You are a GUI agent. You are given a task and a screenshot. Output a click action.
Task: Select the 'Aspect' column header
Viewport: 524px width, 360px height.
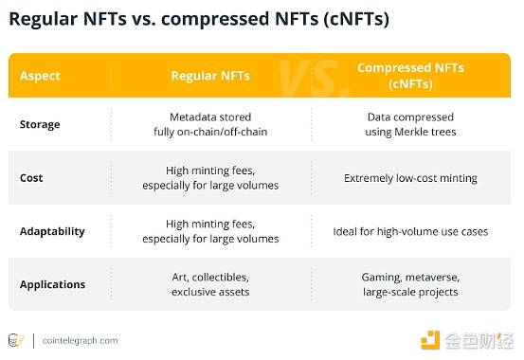pyautogui.click(x=40, y=75)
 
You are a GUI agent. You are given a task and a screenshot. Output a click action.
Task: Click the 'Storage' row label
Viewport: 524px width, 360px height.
pyautogui.click(x=40, y=124)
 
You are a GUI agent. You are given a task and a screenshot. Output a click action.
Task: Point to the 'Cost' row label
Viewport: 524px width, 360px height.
pyautogui.click(x=31, y=177)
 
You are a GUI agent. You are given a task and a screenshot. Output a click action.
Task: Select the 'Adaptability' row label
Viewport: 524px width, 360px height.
pyautogui.click(x=52, y=231)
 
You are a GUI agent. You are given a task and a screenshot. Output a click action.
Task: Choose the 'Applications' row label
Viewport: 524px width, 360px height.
pyautogui.click(x=52, y=284)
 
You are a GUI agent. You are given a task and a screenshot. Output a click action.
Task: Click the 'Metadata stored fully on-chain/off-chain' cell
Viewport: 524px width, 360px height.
pyautogui.click(x=209, y=124)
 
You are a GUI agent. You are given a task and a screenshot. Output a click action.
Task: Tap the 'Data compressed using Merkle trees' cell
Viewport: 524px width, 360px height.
pyautogui.click(x=410, y=124)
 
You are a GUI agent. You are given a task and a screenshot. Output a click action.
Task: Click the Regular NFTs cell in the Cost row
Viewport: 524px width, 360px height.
pyautogui.click(x=209, y=177)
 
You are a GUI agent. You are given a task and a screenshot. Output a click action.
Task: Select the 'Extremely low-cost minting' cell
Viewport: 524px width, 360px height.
pyautogui.click(x=410, y=177)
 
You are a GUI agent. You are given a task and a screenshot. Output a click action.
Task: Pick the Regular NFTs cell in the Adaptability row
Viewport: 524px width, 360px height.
pyautogui.click(x=209, y=231)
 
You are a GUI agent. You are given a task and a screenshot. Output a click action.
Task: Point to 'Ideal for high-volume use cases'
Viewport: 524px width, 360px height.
pyautogui.click(x=410, y=231)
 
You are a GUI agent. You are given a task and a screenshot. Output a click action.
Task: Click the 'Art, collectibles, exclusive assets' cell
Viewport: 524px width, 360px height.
pyautogui.click(x=209, y=284)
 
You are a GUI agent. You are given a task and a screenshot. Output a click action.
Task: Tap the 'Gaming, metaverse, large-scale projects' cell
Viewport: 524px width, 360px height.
pyautogui.click(x=410, y=284)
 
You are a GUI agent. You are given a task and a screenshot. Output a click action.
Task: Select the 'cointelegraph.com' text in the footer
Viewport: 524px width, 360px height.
pyautogui.click(x=81, y=340)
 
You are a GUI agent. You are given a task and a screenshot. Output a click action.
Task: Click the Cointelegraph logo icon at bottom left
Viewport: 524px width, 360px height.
pyautogui.click(x=16, y=340)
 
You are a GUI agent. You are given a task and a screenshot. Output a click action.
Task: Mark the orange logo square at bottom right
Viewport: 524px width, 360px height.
pyautogui.click(x=431, y=339)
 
